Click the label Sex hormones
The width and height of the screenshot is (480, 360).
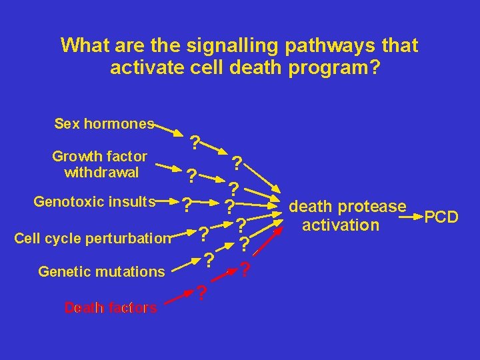(x=104, y=124)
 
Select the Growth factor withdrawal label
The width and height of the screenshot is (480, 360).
(x=99, y=165)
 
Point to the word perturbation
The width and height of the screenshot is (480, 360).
(x=137, y=238)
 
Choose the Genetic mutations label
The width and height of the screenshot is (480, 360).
(x=101, y=272)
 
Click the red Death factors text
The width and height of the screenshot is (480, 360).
(x=111, y=307)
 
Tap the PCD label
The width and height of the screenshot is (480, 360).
(x=441, y=217)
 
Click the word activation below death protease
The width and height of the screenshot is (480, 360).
(x=340, y=225)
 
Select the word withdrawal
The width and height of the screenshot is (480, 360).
(x=101, y=173)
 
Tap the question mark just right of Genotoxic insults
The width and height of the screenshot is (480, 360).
(x=187, y=203)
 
